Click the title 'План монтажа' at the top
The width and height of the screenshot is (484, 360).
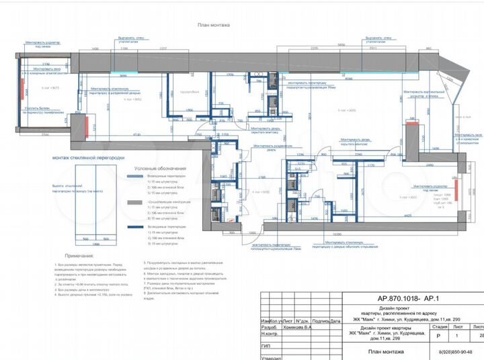(214, 25)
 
